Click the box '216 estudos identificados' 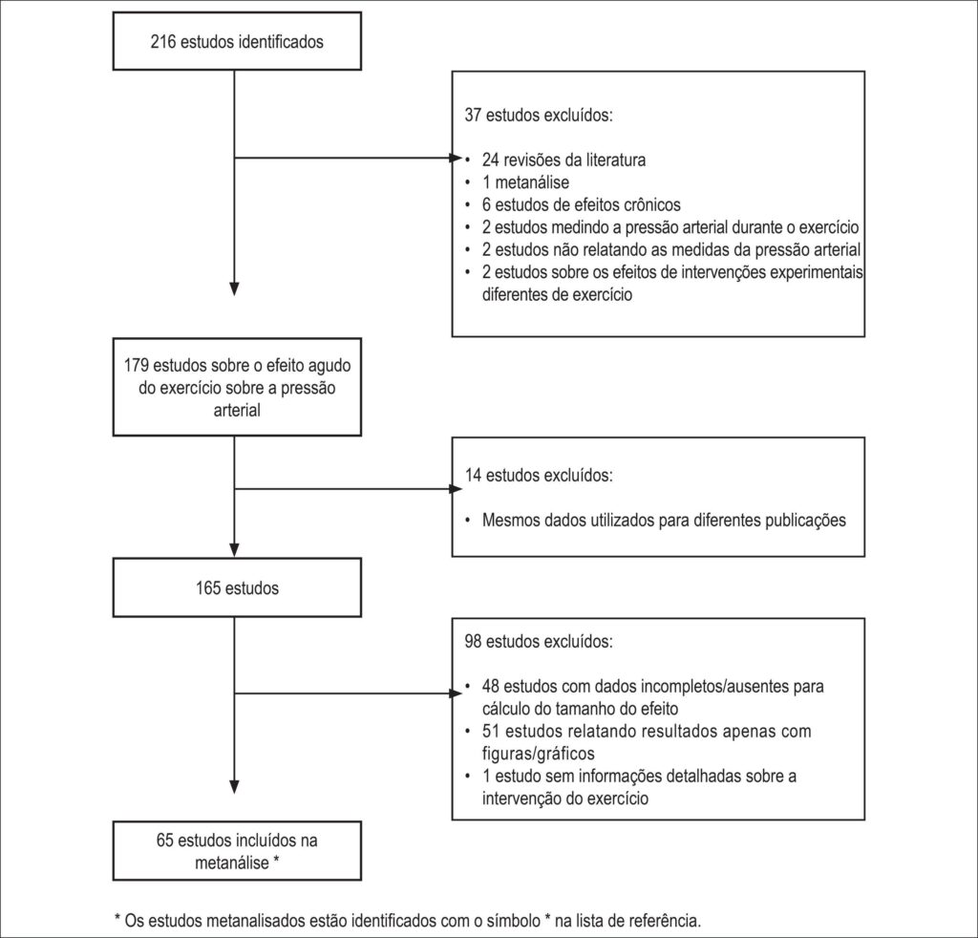[237, 41]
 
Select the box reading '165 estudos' [237, 587]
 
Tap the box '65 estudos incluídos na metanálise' [237, 851]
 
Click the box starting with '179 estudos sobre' [237, 387]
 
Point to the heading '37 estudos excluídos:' [539, 115]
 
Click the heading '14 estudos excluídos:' [539, 476]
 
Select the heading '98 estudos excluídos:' [539, 641]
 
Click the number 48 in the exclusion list [490, 686]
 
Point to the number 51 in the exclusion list [490, 731]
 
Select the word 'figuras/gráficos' [539, 754]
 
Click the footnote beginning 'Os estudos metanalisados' [408, 921]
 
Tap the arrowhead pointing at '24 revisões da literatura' [456, 159]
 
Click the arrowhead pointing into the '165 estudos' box [234, 550]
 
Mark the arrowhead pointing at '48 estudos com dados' [456, 693]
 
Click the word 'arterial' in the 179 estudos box [237, 410]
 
